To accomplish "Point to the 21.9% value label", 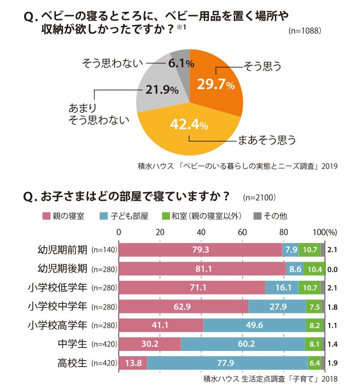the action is click(162, 90).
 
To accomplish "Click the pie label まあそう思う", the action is click(267, 140).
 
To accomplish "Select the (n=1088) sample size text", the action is click(305, 30).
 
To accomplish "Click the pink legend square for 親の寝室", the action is click(47, 216).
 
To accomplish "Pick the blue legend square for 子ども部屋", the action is click(104, 216).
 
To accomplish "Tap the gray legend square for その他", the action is click(258, 216).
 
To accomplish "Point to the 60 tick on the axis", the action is click(242, 232).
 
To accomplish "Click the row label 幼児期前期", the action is click(63, 249).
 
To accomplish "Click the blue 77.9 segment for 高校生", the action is click(227, 363).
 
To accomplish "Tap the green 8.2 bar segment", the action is click(314, 325).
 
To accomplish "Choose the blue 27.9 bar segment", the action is click(277, 307).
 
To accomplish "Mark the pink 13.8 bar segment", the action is click(133, 363).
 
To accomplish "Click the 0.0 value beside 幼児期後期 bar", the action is click(332, 269).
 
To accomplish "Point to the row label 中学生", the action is click(72, 344).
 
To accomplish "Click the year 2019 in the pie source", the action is click(330, 166).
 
